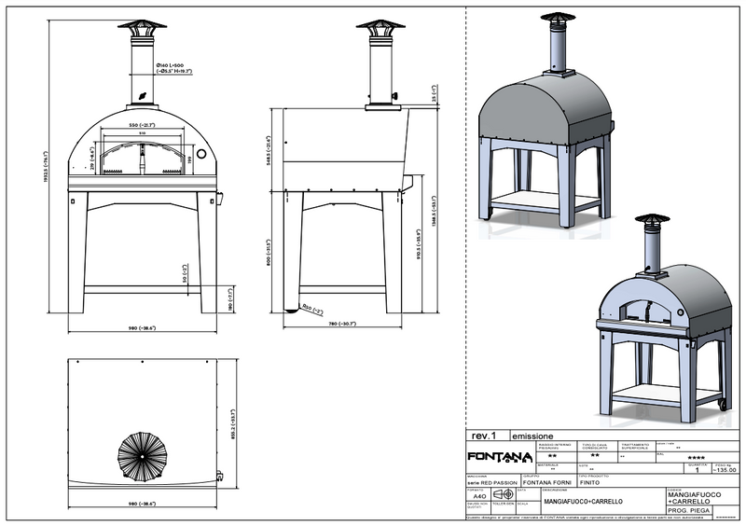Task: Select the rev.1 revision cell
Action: point(483,436)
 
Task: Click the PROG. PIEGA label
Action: point(690,513)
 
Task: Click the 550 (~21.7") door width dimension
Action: point(143,124)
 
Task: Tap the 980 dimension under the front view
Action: point(141,327)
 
